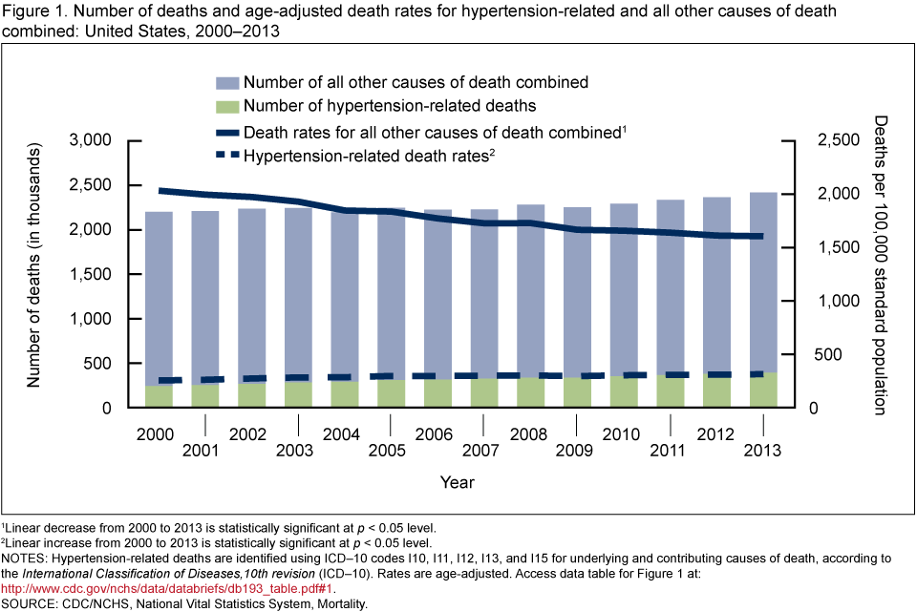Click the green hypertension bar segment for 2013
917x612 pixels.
point(762,390)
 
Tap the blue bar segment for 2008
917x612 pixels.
point(530,286)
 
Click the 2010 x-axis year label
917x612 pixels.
point(623,435)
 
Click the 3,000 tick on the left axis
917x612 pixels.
point(93,140)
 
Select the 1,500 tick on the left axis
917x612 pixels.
point(93,274)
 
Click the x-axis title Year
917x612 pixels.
point(458,483)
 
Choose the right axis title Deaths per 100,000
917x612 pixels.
point(881,265)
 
